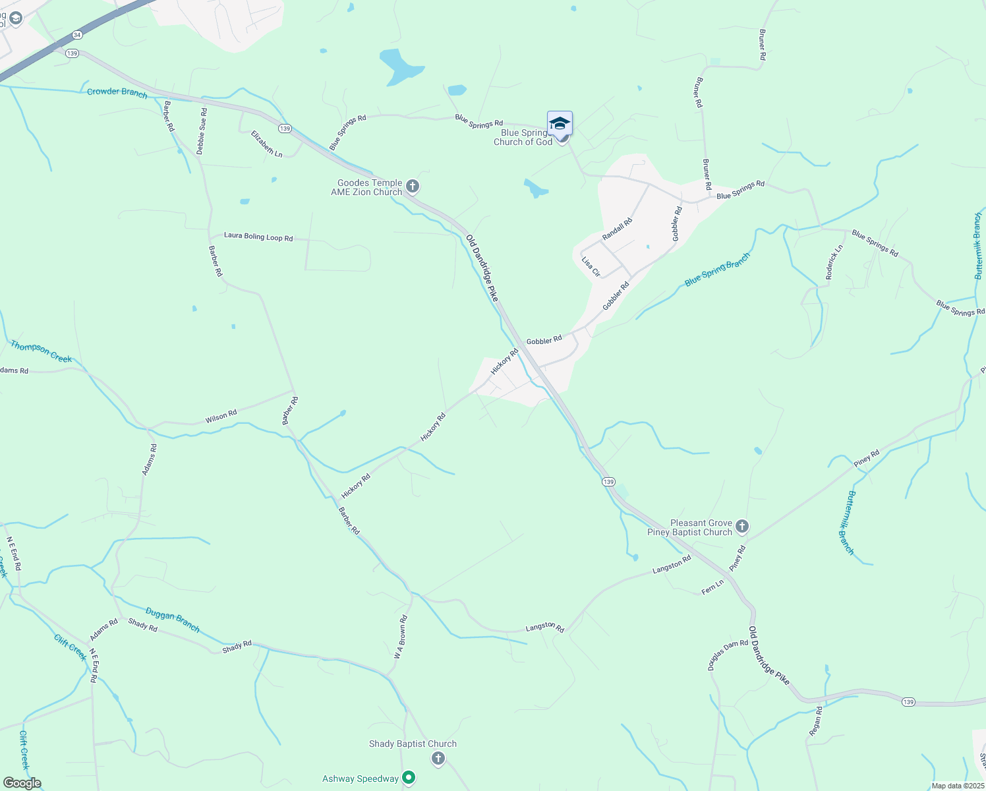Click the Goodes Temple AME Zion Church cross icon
413,187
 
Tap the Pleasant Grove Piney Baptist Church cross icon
742,527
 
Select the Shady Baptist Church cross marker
438,759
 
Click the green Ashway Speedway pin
409,778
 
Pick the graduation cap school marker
560,124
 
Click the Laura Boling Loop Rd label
258,236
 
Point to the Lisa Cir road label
591,266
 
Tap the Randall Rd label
617,229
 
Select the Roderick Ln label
834,262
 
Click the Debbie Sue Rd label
202,131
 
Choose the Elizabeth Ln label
267,144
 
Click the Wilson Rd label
221,417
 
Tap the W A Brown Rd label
401,637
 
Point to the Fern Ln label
712,587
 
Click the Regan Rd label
816,720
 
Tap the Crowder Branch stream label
117,92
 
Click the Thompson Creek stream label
41,351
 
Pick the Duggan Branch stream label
173,620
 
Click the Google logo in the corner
22,783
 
